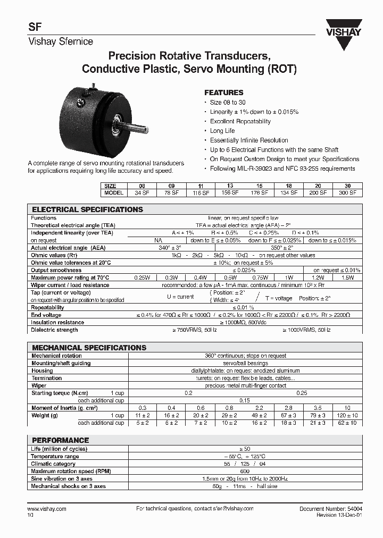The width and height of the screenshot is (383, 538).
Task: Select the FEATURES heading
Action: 224,92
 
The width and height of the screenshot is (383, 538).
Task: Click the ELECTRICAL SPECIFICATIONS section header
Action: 87,209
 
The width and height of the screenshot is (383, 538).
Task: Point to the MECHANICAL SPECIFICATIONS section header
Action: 89,348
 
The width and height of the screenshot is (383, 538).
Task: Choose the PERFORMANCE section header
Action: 60,440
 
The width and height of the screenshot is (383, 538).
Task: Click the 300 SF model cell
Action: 347,192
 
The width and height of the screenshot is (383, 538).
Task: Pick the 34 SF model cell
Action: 141,192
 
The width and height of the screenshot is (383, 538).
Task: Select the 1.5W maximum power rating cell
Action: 347,278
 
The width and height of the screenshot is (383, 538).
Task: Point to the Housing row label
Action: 42,371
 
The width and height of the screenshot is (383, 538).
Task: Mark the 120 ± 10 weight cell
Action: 347,415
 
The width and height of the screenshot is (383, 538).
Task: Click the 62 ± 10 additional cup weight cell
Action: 347,423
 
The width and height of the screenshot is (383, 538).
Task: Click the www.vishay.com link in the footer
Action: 46,509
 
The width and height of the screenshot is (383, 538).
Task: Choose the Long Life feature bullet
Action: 222,131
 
